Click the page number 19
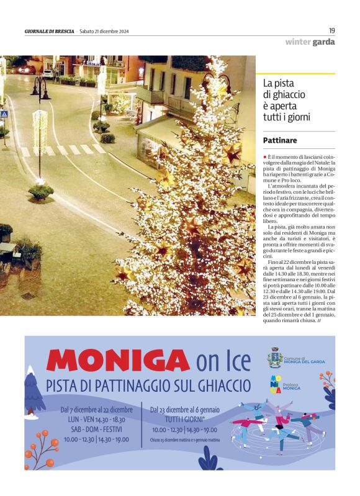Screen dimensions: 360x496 coord(332,30)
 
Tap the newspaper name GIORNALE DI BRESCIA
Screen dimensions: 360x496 coord(49,32)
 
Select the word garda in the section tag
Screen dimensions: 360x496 coord(323,42)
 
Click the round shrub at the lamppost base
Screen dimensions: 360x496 coord(41,192)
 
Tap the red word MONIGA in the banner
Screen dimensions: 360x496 coord(117,361)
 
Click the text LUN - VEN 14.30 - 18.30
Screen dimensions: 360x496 coord(96,419)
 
